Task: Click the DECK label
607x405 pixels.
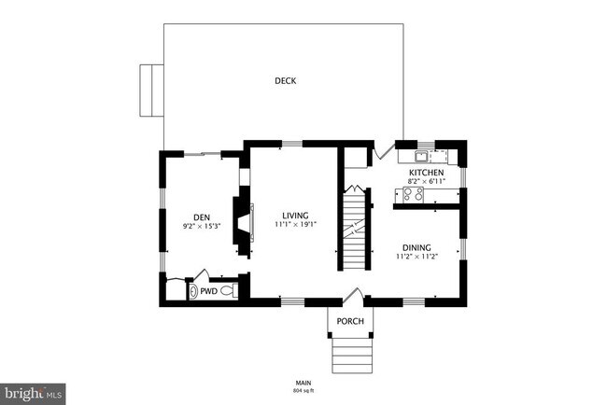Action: [x=285, y=81]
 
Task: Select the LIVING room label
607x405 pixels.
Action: [x=296, y=216]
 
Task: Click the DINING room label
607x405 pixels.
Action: [x=416, y=247]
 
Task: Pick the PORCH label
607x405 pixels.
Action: [x=350, y=322]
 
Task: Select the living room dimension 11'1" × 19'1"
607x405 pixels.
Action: [x=296, y=225]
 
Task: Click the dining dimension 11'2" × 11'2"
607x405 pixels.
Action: [x=416, y=257]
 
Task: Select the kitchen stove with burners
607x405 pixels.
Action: [x=412, y=194]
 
